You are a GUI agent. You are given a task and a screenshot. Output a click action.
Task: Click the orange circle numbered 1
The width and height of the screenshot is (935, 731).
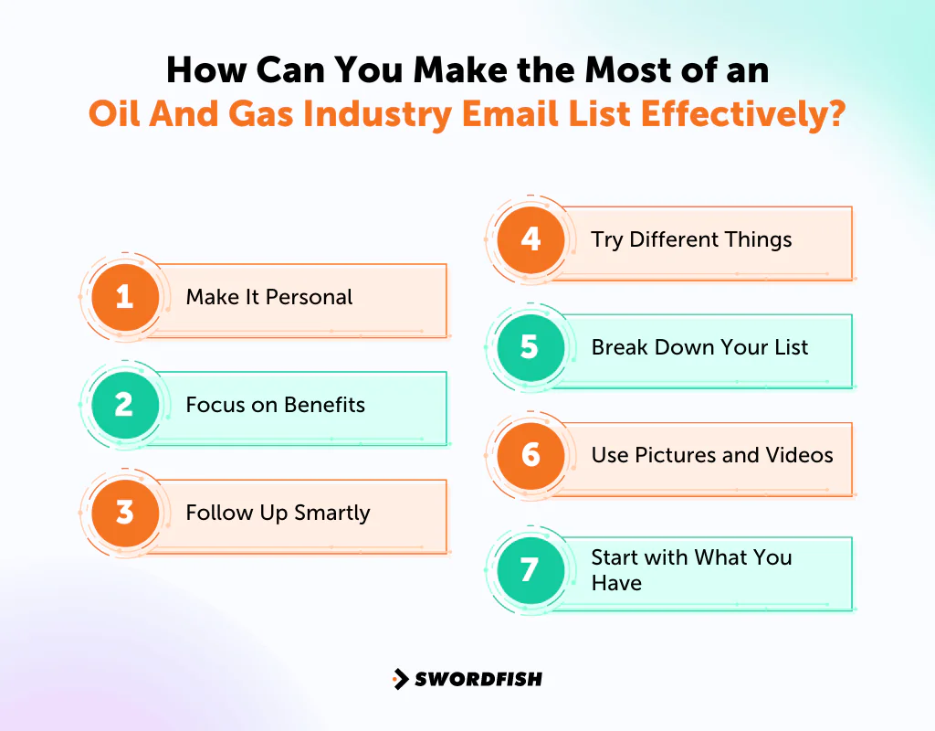click(x=125, y=297)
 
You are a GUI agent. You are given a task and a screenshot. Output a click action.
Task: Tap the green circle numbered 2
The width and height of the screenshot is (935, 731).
click(x=125, y=405)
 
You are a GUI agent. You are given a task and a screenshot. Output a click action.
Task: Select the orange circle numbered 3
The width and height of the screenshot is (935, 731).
click(x=125, y=513)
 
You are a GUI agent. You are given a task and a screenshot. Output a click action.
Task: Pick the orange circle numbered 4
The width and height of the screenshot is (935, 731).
click(x=531, y=239)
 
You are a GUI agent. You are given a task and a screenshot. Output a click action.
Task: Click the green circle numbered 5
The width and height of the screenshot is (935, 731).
click(x=531, y=347)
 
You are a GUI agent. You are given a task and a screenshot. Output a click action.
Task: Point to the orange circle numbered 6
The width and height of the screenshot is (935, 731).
click(x=531, y=455)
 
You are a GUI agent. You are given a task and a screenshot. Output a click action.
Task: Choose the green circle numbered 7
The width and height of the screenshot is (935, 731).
click(x=531, y=570)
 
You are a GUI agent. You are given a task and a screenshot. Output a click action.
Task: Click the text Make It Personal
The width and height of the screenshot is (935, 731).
click(x=268, y=297)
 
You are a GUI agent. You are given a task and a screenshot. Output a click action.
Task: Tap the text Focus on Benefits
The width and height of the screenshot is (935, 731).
click(x=275, y=405)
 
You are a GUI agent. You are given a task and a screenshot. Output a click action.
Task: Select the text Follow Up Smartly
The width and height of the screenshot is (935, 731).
click(x=278, y=513)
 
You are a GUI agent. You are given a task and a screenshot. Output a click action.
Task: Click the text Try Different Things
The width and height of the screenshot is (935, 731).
click(x=691, y=239)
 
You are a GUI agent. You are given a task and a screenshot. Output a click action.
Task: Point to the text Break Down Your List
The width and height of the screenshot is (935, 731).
click(x=699, y=347)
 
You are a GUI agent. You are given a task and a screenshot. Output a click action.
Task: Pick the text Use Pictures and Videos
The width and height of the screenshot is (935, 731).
click(x=712, y=455)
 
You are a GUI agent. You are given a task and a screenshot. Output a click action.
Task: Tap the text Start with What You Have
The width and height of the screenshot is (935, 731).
click(x=691, y=570)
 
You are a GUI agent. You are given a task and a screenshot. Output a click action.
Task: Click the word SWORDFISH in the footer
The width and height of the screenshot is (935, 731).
click(x=478, y=679)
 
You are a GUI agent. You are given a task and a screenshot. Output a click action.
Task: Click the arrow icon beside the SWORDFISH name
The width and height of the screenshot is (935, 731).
click(x=400, y=679)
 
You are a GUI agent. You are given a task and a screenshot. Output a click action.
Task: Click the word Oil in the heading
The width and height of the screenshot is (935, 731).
click(x=112, y=117)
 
